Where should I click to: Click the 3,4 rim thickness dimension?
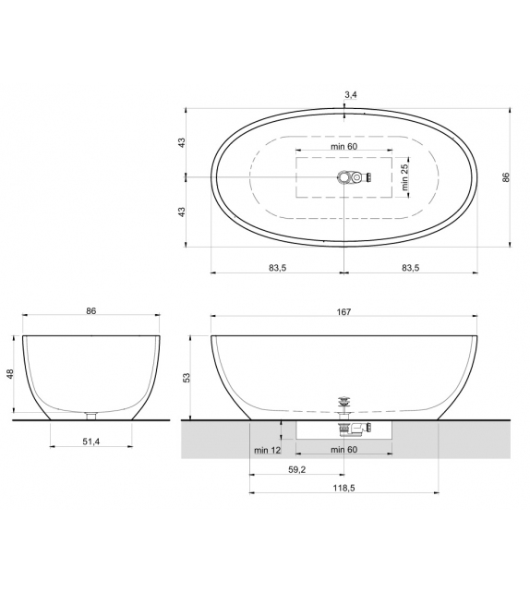[x=349, y=94]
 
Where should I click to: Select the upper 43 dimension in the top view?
[x=182, y=142]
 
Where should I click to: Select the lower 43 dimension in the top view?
[x=182, y=212]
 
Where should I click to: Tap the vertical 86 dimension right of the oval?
[x=506, y=177]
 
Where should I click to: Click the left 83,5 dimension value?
[x=277, y=267]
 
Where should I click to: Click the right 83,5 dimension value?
[x=411, y=267]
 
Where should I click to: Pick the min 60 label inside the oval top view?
[x=344, y=148]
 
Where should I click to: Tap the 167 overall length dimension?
[x=343, y=312]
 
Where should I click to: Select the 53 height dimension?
[x=187, y=377]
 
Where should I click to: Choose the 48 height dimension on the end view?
[x=11, y=376]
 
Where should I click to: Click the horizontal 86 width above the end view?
[x=91, y=312]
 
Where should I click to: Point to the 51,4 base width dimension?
[x=91, y=442]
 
